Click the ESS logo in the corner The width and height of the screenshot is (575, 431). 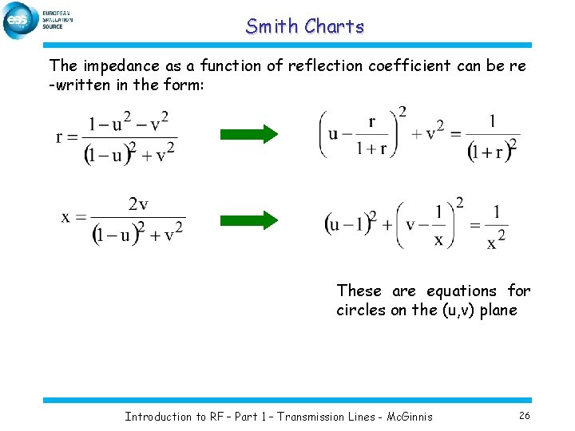click(21, 20)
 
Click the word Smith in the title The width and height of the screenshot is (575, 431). click(272, 26)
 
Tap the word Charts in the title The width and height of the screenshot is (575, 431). click(334, 26)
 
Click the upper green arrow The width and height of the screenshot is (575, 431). click(248, 132)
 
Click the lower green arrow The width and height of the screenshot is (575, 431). click(248, 219)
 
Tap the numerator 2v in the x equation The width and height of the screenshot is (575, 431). click(138, 204)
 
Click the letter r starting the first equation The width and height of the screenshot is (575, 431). click(60, 136)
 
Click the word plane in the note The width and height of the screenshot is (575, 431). click(498, 310)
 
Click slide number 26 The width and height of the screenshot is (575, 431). click(525, 416)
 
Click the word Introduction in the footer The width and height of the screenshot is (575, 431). click(158, 416)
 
